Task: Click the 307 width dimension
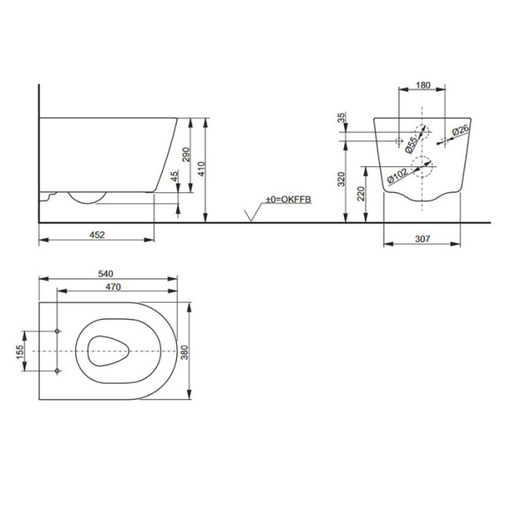pyautogui.click(x=423, y=239)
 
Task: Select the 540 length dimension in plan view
pyautogui.click(x=105, y=274)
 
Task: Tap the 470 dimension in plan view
pyautogui.click(x=105, y=288)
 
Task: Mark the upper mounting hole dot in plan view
pyautogui.click(x=57, y=330)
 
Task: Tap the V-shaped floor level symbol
pyautogui.click(x=250, y=217)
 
